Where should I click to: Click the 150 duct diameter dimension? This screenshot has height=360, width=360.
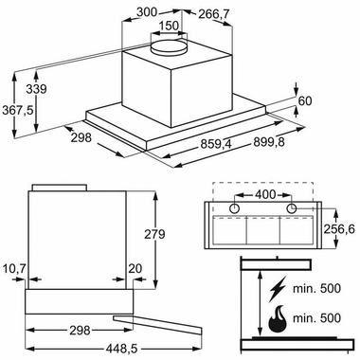pyautogui.click(x=169, y=26)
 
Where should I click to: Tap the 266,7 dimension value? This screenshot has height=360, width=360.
pyautogui.click(x=213, y=14)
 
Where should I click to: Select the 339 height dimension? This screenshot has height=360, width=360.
pyautogui.click(x=36, y=89)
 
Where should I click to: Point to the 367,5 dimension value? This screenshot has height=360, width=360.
pyautogui.click(x=18, y=111)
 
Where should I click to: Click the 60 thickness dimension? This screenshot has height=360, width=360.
pyautogui.click(x=305, y=100)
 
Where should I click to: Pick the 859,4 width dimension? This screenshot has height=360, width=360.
pyautogui.click(x=216, y=145)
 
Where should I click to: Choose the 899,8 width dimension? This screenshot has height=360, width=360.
pyautogui.click(x=269, y=142)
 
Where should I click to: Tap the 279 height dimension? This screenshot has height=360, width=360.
pyautogui.click(x=154, y=234)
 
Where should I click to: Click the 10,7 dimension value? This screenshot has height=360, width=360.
pyautogui.click(x=14, y=269)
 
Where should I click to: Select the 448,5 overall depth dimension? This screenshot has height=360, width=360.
pyautogui.click(x=121, y=349)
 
